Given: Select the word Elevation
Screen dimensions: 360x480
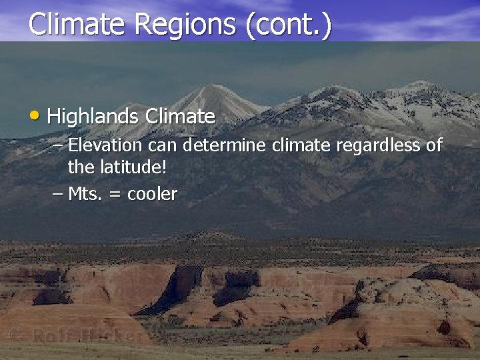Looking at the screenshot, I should click(105, 145).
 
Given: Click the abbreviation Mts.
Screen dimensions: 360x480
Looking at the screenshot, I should click(83, 194).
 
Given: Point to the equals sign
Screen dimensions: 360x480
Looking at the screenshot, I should click(113, 195).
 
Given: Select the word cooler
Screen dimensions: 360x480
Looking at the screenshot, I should click(152, 194).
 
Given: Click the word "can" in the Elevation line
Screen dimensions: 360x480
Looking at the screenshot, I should click(163, 145).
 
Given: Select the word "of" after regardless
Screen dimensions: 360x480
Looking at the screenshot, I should click(434, 145).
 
